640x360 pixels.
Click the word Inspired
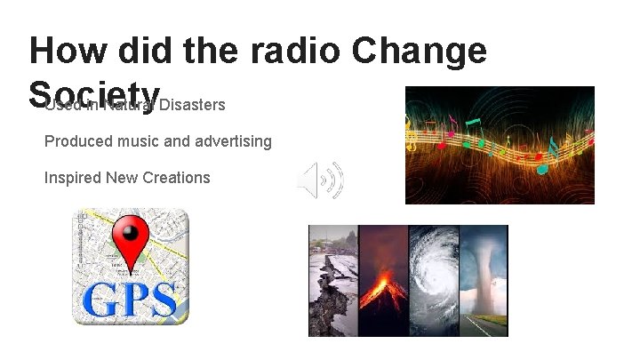(x=73, y=177)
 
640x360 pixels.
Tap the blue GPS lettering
(x=130, y=299)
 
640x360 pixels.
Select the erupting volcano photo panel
(x=382, y=280)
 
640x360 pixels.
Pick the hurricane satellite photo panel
(x=433, y=280)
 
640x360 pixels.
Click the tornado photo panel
(x=484, y=280)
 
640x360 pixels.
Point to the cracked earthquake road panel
(x=332, y=280)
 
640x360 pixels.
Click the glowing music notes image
(x=500, y=145)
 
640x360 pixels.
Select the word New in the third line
(x=122, y=177)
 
